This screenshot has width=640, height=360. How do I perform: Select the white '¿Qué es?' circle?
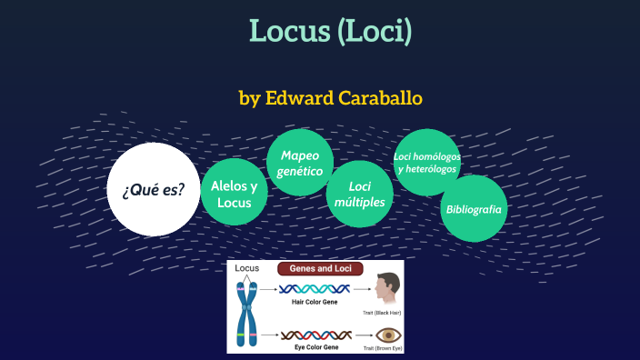tap(153, 189)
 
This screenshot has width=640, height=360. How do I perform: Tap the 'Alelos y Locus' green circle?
tap(234, 194)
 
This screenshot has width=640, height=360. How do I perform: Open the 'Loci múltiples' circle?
tap(360, 195)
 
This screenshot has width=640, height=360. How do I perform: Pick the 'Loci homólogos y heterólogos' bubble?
tap(427, 163)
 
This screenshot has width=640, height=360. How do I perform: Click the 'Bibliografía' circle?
tap(474, 208)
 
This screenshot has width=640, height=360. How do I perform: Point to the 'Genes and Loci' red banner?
tap(320, 269)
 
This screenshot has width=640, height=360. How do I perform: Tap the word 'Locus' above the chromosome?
tap(247, 269)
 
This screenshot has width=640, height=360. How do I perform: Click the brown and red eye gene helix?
tap(313, 334)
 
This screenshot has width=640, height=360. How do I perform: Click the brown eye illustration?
tap(388, 334)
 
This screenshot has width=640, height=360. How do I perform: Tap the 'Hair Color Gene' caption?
tap(315, 302)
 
